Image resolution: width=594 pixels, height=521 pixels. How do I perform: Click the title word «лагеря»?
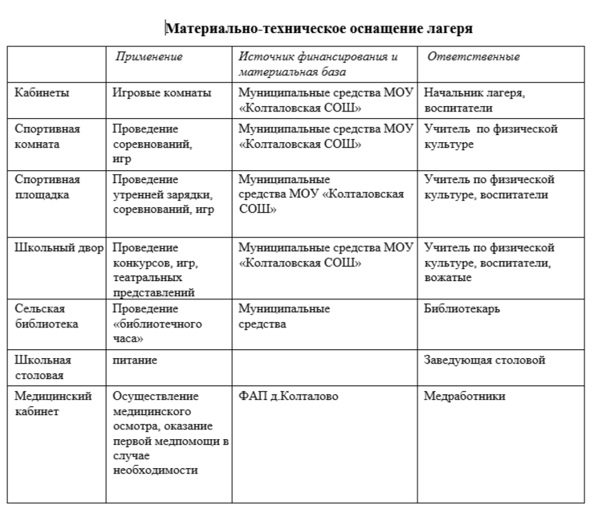[445, 29]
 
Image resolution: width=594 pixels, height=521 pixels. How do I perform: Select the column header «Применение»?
[149, 57]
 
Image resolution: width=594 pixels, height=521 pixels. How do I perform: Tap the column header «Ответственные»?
[473, 57]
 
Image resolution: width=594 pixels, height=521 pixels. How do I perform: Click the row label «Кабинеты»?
[42, 92]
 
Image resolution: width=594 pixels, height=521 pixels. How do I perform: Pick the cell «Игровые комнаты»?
[162, 92]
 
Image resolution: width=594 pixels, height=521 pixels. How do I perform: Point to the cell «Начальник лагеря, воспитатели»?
[474, 100]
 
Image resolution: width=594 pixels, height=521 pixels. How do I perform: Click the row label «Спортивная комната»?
[47, 136]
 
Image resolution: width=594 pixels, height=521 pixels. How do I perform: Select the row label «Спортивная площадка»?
[47, 186]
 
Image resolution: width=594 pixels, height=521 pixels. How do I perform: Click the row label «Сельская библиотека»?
[47, 316]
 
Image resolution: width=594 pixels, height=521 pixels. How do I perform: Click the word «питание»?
[135, 360]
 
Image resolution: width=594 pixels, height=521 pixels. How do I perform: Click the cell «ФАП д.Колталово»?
[288, 397]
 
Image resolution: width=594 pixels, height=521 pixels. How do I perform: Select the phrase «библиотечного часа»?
[157, 331]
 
